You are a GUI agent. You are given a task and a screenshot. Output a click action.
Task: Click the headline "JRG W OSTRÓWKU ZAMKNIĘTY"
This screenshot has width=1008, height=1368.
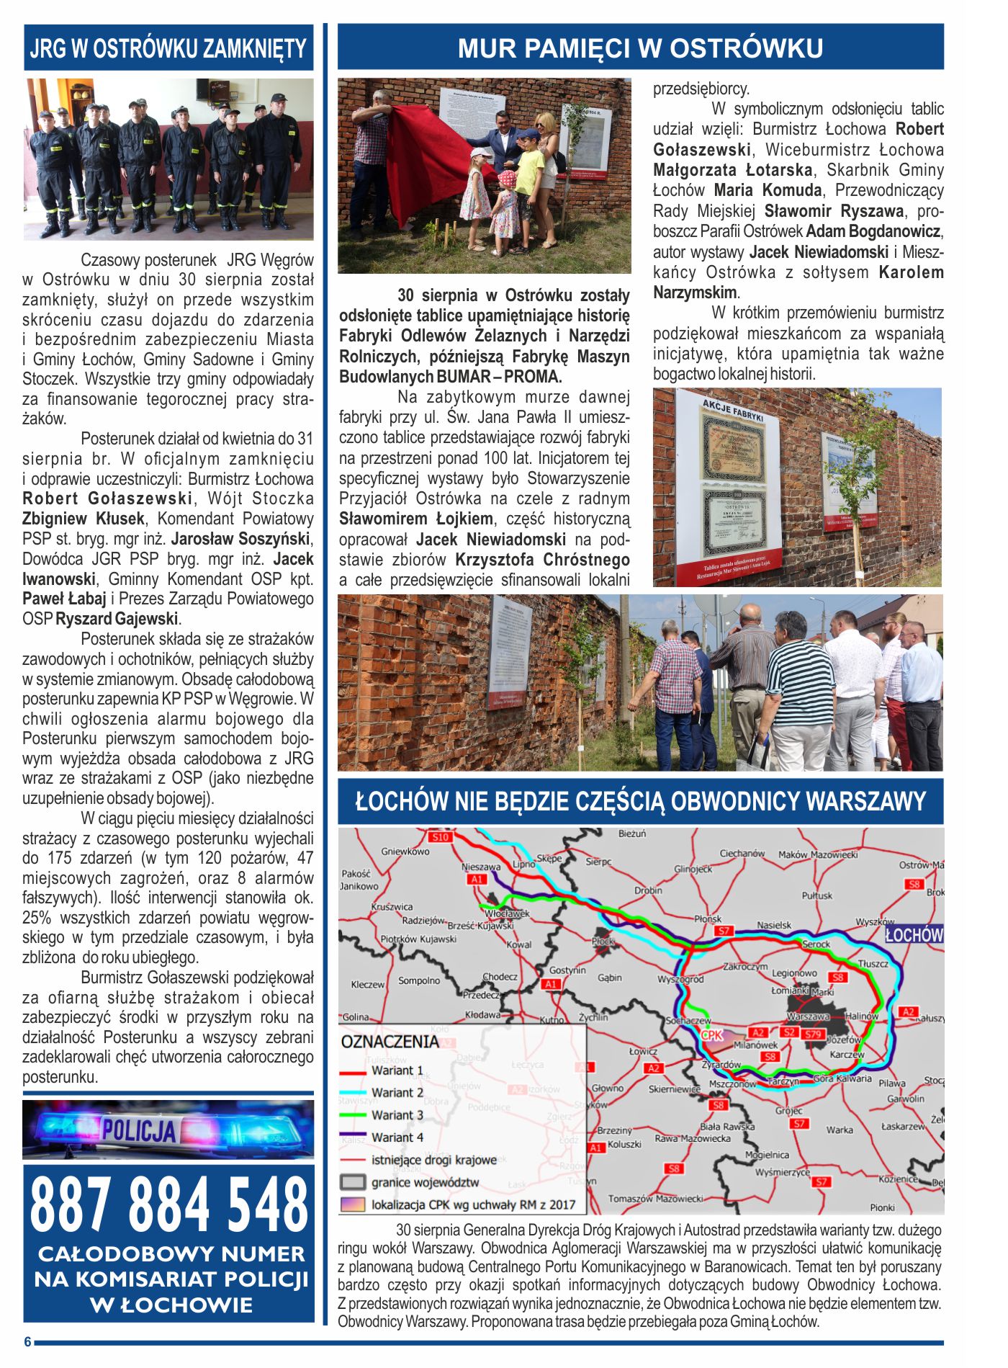tap(168, 48)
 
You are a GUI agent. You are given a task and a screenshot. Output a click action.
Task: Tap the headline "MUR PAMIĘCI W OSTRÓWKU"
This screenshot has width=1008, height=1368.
tap(640, 48)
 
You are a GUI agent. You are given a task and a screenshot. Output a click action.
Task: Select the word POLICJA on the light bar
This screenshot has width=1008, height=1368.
tap(138, 1130)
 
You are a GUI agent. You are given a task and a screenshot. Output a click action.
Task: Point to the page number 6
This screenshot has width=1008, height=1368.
tap(27, 1341)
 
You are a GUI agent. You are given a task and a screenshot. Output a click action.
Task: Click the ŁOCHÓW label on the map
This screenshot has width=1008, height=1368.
tap(914, 935)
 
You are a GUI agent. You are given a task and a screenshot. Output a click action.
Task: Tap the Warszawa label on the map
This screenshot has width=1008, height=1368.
tap(808, 1016)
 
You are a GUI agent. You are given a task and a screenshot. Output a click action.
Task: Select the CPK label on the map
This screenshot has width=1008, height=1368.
tap(711, 1035)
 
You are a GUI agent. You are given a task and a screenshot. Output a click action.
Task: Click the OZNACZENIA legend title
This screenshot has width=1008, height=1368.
tap(390, 1042)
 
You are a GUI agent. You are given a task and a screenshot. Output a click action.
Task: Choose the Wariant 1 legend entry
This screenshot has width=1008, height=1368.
tap(397, 1070)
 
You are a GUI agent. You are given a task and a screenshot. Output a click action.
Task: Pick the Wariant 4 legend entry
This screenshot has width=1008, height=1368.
tap(397, 1137)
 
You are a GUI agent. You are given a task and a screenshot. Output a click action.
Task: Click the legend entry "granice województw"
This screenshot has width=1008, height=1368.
tap(425, 1182)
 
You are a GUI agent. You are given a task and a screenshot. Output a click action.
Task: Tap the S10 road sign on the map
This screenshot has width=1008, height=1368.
tap(440, 837)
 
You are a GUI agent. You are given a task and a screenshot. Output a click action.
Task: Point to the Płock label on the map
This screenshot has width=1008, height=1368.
tap(603, 941)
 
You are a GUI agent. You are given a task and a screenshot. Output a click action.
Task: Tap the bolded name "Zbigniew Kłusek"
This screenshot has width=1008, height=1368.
tap(83, 519)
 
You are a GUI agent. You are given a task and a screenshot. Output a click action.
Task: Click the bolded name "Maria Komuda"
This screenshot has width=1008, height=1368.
tap(768, 190)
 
